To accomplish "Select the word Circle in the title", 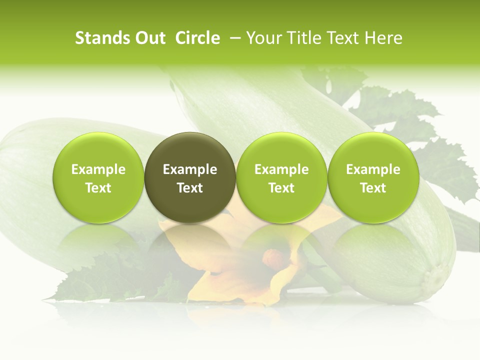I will [198, 38].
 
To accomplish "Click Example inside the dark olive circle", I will [190, 169].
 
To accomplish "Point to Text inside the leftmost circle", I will [98, 188].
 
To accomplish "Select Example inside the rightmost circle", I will [373, 169].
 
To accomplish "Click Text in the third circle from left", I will [281, 188].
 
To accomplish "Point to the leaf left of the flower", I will [115, 285].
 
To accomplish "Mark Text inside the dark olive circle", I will [190, 188].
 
